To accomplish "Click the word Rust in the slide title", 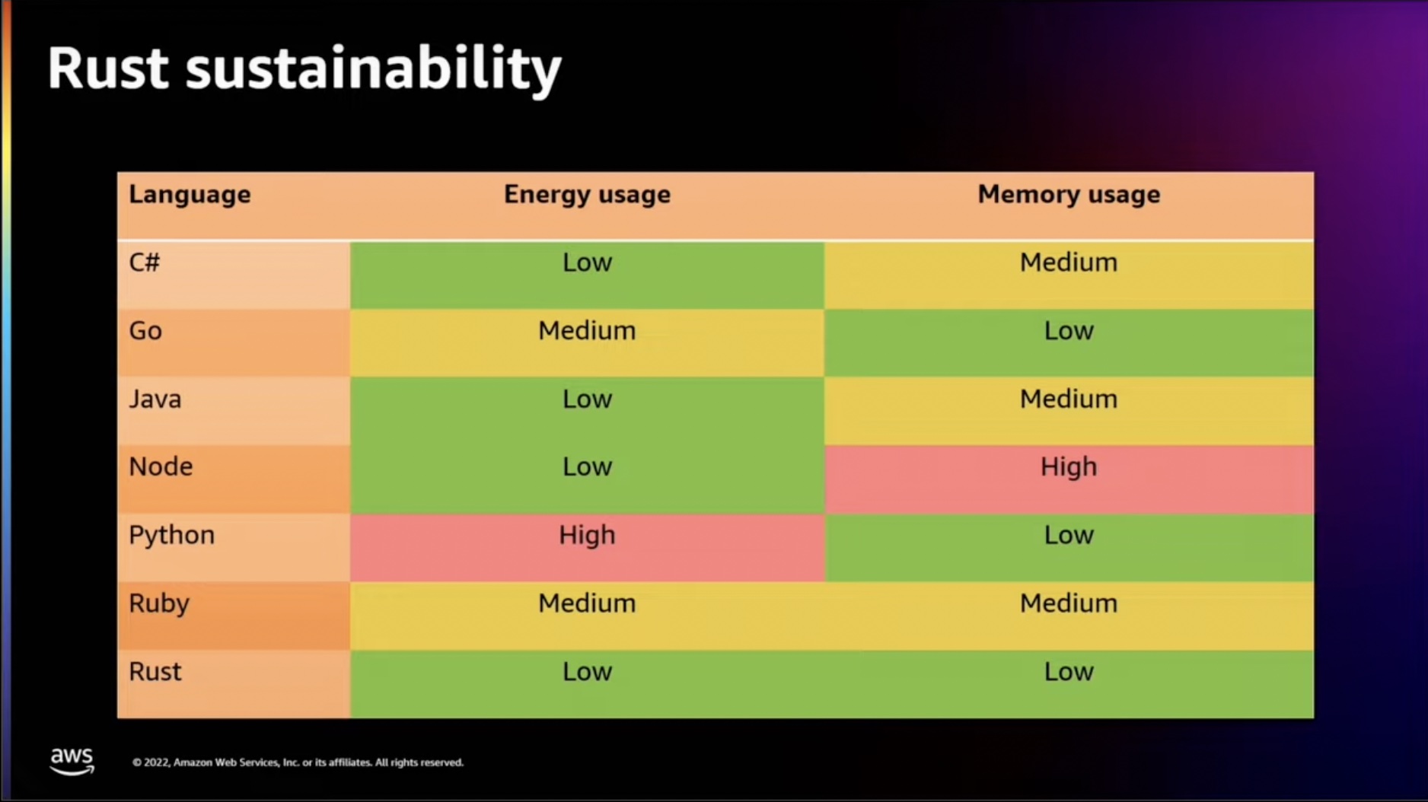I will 107,68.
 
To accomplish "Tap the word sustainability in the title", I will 373,70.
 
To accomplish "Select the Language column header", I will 190,195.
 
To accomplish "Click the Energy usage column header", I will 587,195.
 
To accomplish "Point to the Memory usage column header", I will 1069,195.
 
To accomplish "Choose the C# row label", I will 145,263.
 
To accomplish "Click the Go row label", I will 145,331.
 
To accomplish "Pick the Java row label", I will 155,399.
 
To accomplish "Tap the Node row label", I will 161,466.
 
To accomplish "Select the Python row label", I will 172,535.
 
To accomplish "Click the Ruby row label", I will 159,603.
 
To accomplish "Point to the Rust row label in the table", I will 155,671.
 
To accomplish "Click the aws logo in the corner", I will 72,760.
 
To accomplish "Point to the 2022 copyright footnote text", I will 298,762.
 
